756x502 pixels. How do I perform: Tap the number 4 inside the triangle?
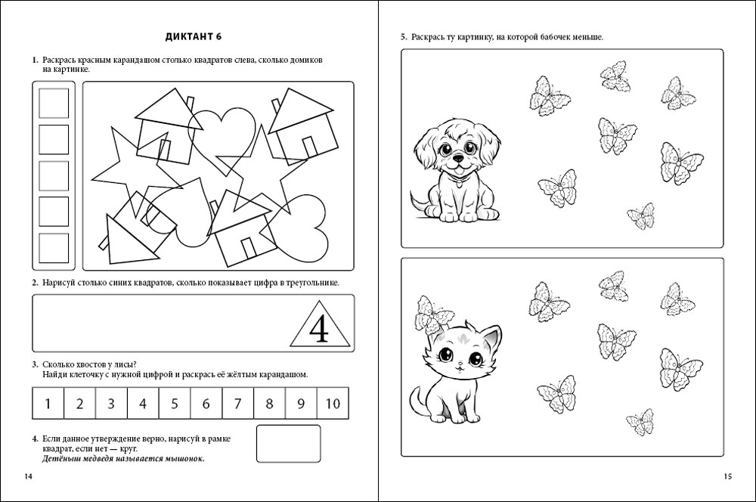(320, 328)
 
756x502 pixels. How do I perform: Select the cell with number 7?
(237, 403)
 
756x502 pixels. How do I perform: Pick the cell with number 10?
(333, 403)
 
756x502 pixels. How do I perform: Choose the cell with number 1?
(48, 403)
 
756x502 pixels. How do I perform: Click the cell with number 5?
(175, 403)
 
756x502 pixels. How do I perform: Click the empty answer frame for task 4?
(289, 444)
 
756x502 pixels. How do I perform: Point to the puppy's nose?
(457, 160)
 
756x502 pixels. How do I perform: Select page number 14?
(29, 476)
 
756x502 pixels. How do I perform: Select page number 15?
(727, 476)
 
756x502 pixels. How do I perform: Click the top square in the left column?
(54, 104)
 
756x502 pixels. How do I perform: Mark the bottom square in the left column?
(54, 248)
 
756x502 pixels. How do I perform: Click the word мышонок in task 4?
(184, 458)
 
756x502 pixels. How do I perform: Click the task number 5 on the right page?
(404, 37)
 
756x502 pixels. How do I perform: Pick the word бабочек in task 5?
(553, 37)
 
